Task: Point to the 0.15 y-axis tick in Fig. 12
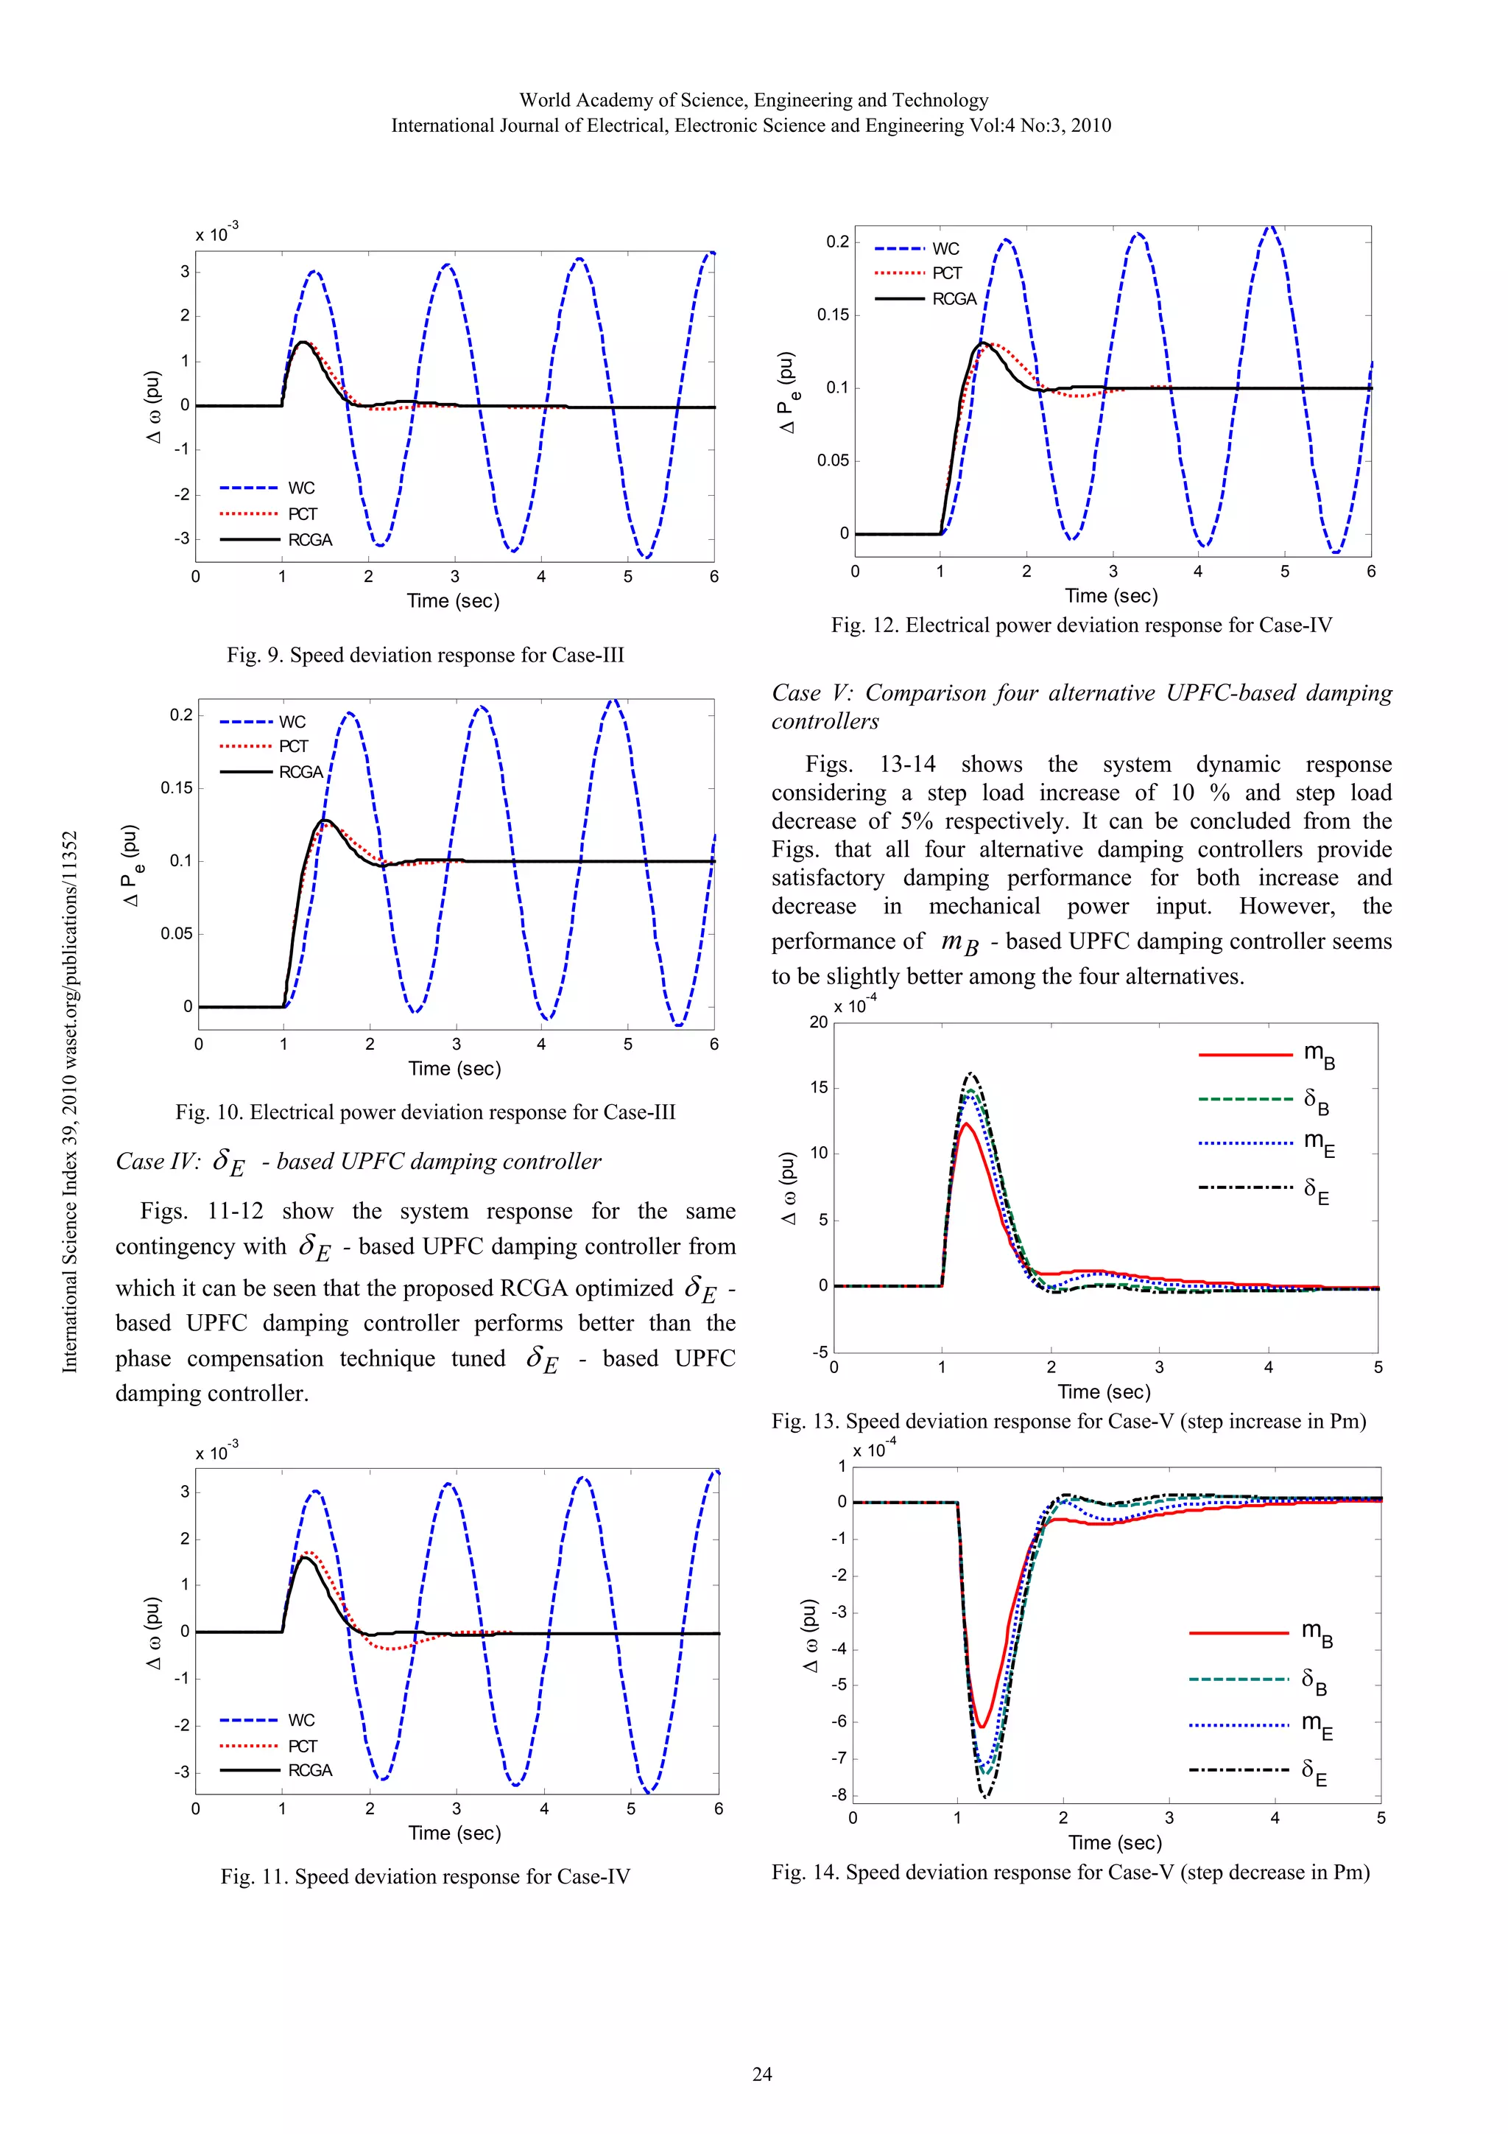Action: (x=834, y=315)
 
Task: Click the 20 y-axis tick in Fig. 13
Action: (x=817, y=1022)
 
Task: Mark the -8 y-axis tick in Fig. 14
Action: (x=838, y=1796)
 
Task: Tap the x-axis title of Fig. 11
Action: (x=454, y=1833)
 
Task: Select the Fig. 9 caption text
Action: (x=425, y=656)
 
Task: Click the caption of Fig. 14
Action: (x=1071, y=1872)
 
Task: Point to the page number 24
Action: (x=762, y=2074)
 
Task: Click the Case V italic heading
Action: (x=1082, y=706)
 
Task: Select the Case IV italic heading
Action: (x=358, y=1162)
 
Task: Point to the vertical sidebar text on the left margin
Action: (x=70, y=1101)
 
